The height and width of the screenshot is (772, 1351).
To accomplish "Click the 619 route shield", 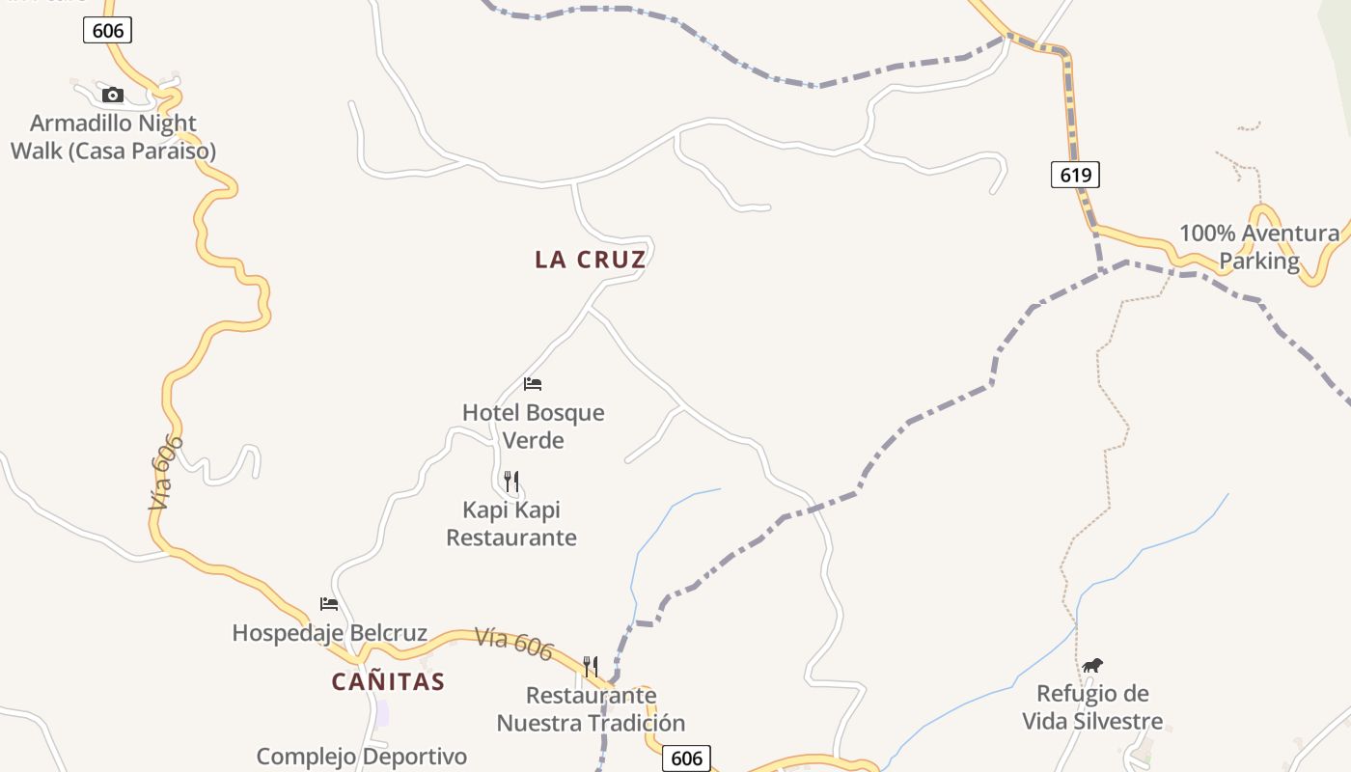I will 1075,175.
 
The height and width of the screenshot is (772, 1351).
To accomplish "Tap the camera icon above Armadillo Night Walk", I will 113,95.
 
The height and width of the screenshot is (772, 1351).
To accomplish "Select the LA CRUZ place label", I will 591,260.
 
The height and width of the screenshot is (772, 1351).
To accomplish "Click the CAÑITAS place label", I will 388,681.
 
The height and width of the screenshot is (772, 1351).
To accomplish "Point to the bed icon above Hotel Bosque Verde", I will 533,384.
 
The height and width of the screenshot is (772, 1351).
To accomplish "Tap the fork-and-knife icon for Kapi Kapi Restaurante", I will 511,481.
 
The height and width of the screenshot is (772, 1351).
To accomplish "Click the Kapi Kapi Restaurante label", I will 511,523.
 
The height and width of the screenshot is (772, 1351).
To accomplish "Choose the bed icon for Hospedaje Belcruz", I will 329,604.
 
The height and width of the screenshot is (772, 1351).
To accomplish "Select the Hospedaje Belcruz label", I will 329,633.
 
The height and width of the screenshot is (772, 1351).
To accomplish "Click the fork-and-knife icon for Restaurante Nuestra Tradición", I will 590,666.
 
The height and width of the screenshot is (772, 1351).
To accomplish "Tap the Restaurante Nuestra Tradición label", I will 591,708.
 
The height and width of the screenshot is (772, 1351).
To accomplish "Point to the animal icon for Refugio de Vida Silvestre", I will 1092,665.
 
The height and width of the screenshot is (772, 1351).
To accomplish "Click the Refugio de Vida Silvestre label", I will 1092,707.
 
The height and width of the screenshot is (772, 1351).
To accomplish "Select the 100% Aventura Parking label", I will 1259,247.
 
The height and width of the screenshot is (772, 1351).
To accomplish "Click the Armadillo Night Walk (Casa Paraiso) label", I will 113,137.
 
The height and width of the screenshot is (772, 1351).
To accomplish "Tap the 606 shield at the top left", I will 107,31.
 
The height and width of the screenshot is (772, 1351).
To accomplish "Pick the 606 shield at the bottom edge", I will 686,758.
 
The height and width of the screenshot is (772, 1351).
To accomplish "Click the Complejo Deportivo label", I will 362,757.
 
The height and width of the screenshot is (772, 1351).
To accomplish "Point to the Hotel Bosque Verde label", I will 533,426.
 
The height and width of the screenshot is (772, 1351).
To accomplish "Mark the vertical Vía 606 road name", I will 166,472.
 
